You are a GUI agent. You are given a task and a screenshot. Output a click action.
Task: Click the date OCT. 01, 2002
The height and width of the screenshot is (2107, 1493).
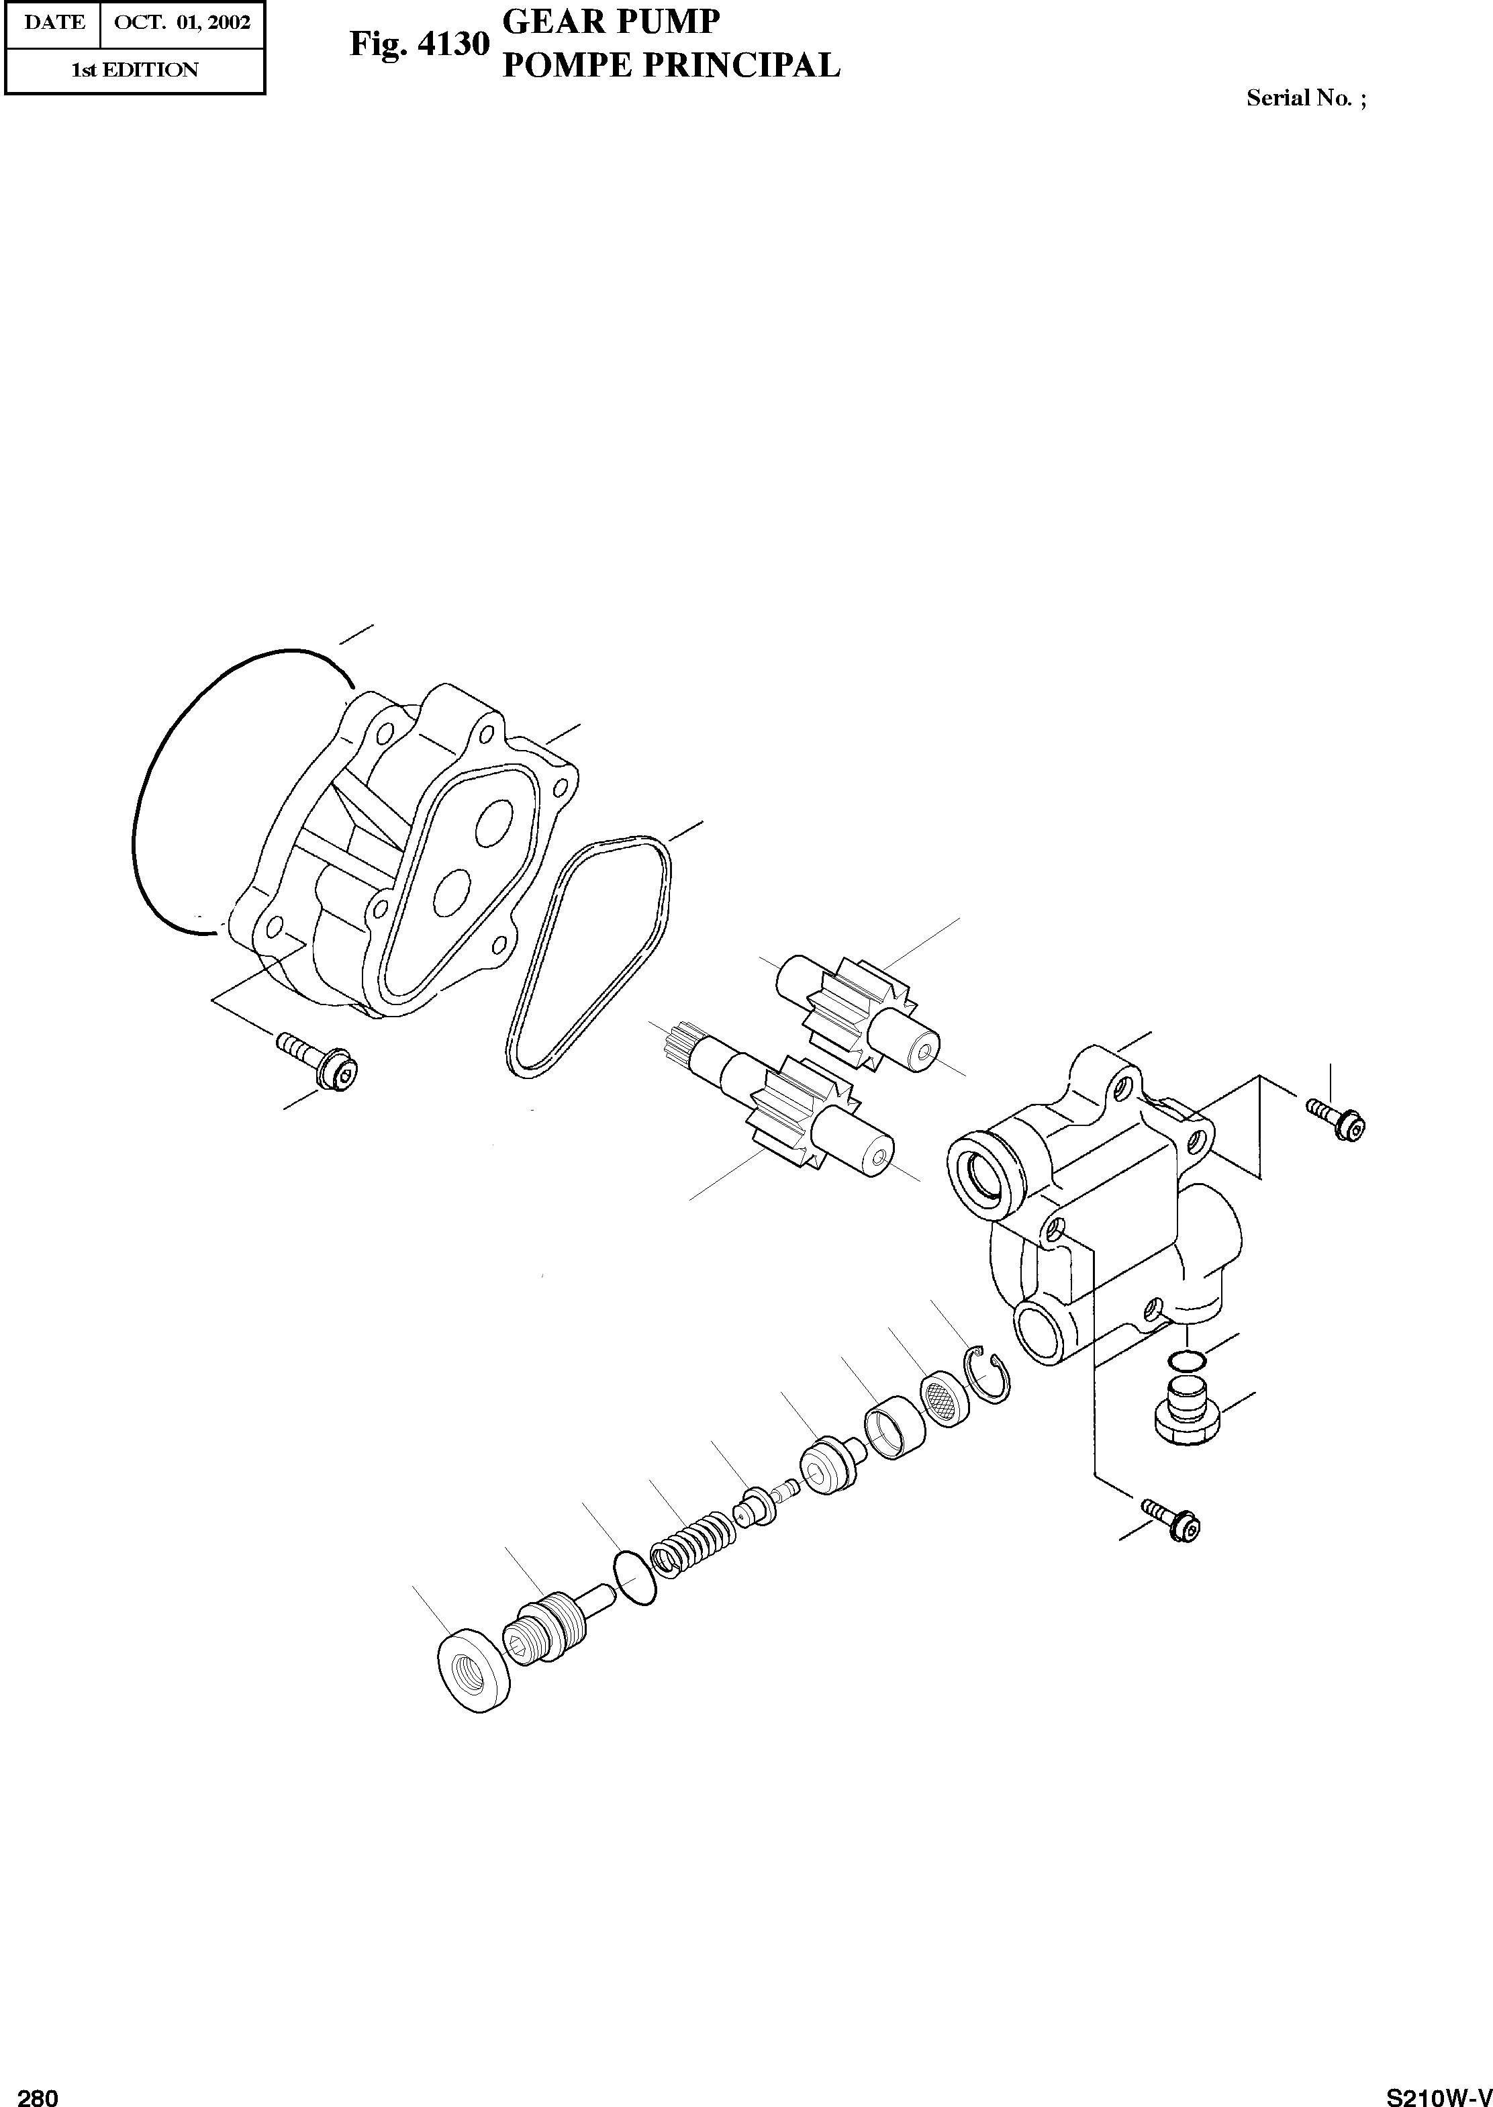pyautogui.click(x=182, y=22)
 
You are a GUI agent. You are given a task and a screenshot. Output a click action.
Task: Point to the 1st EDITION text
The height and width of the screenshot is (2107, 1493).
pyautogui.click(x=134, y=70)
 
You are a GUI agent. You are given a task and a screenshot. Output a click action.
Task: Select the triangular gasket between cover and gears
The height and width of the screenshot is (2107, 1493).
pyautogui.click(x=588, y=956)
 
